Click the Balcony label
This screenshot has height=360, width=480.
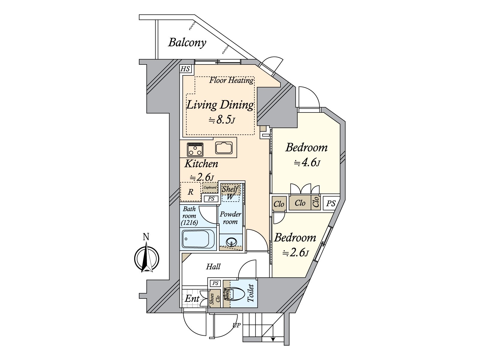tap(187, 43)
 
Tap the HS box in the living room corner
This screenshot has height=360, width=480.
tap(185, 69)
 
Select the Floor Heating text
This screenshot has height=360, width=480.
tap(231, 80)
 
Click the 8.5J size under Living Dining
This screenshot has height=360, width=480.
tap(222, 120)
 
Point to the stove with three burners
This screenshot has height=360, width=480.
tap(195, 149)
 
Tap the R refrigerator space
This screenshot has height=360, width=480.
tap(190, 192)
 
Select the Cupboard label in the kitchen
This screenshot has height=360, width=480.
tap(210, 187)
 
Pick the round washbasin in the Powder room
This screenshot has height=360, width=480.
tap(231, 241)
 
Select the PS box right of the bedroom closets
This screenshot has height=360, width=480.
tap(331, 204)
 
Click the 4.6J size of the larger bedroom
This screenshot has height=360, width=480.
tap(307, 163)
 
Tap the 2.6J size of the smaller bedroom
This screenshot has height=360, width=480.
tap(295, 253)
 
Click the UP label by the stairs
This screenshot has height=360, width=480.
tap(236, 325)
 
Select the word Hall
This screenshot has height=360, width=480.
tap(213, 266)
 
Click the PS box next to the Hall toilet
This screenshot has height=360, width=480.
tap(215, 283)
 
